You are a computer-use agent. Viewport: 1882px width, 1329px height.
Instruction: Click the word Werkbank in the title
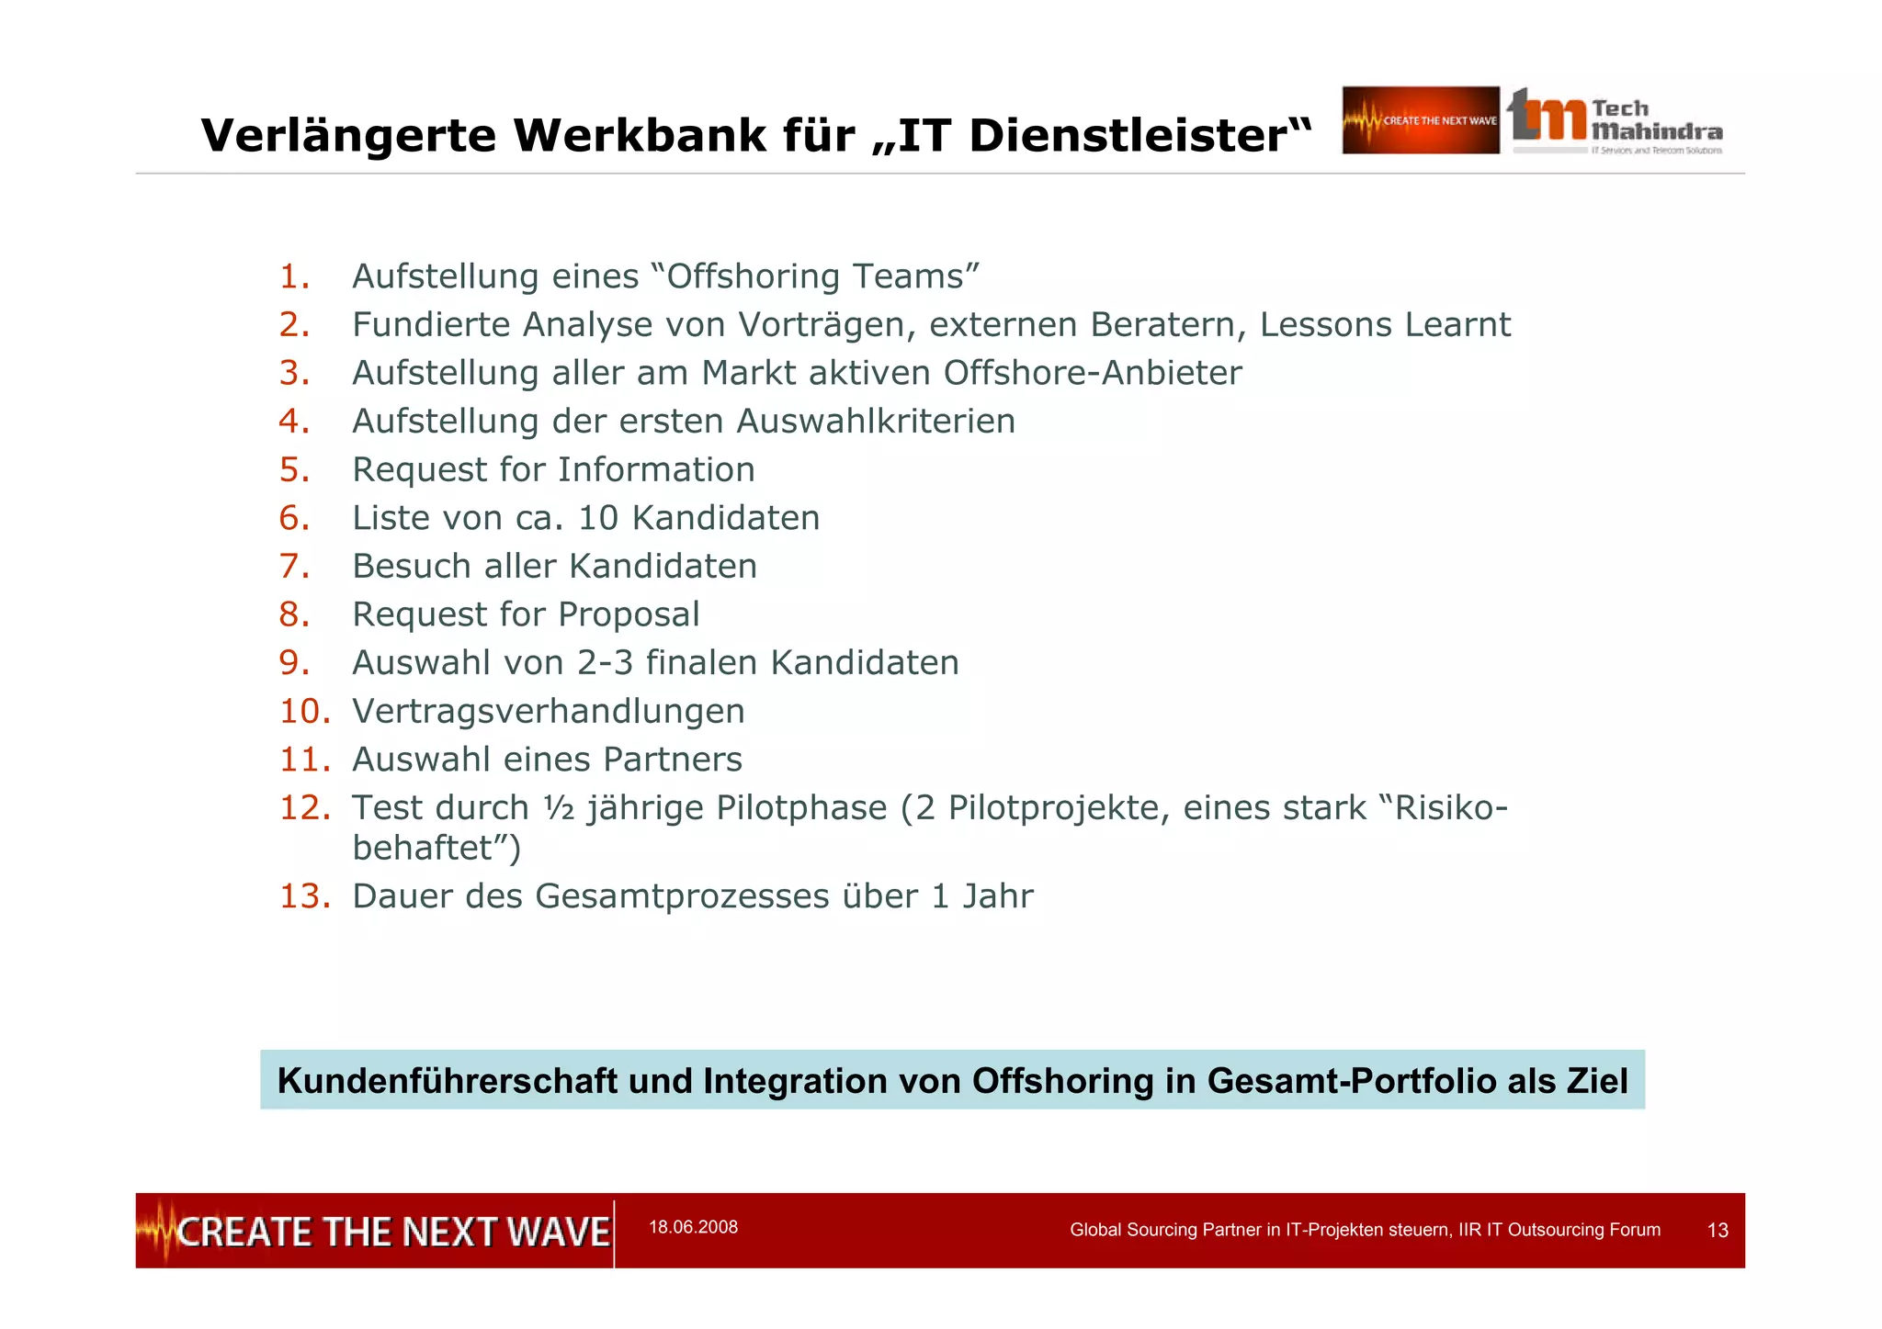click(x=641, y=136)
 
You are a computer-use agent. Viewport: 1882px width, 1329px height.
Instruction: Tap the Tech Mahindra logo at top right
click(x=1615, y=121)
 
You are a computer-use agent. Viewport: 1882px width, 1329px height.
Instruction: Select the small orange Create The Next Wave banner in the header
click(x=1420, y=120)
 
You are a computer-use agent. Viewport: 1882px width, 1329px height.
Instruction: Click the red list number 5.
click(x=293, y=469)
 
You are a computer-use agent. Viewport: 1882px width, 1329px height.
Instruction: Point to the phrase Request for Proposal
click(x=526, y=614)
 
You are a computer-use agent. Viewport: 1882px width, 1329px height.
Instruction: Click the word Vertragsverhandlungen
click(x=549, y=711)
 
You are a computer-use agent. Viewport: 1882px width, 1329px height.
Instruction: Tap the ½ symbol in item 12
click(x=558, y=808)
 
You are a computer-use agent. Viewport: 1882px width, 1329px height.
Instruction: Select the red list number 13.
click(x=304, y=896)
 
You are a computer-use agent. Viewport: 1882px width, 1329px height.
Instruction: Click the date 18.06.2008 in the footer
click(x=693, y=1227)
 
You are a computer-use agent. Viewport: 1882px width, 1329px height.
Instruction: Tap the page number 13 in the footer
click(x=1717, y=1230)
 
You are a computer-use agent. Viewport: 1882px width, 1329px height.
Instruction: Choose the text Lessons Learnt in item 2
click(x=1384, y=325)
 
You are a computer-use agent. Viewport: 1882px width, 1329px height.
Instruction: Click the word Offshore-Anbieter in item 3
click(x=1092, y=373)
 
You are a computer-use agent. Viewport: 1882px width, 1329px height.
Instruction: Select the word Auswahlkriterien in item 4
click(x=875, y=422)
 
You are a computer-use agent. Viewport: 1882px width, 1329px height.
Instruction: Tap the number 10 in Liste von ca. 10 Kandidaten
click(x=597, y=518)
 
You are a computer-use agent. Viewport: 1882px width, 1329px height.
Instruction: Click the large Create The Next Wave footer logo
click(x=375, y=1231)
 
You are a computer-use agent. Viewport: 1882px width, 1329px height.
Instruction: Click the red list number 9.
click(x=293, y=663)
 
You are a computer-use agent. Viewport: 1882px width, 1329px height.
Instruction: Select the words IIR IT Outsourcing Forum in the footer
click(x=1559, y=1230)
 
